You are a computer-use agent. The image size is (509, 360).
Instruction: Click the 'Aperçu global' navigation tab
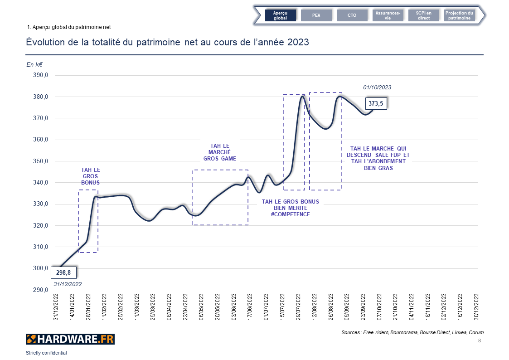[x=280, y=15]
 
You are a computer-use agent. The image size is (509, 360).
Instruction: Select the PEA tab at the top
[x=316, y=15]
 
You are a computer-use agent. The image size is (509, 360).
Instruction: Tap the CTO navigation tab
[x=352, y=15]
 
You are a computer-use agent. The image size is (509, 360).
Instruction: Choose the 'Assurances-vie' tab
[x=388, y=15]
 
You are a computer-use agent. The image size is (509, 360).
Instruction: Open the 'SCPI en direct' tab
[x=424, y=15]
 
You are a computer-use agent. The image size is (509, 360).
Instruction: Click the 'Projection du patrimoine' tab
[x=459, y=15]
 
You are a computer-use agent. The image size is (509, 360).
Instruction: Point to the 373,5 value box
[x=376, y=104]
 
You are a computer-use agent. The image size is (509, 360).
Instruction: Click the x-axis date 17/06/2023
[x=249, y=308]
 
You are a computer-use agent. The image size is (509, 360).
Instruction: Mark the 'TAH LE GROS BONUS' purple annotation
[x=90, y=176]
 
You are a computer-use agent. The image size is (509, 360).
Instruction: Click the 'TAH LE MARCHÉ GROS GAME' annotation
[x=220, y=152]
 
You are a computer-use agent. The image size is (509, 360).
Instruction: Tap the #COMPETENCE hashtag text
[x=290, y=214]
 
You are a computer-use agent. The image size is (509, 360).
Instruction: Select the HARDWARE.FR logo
[x=70, y=339]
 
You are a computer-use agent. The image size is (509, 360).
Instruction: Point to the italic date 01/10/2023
[x=377, y=88]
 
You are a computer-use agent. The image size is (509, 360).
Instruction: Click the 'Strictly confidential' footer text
[x=46, y=353]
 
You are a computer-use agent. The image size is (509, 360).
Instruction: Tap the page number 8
[x=480, y=341]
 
